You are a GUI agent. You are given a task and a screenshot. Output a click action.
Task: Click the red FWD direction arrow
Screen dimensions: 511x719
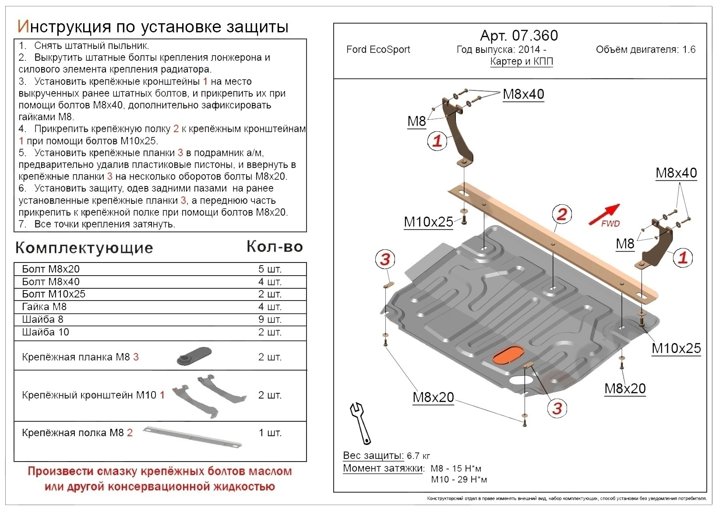[x=604, y=214]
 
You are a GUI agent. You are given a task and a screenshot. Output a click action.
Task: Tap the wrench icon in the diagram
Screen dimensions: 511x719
[x=360, y=422]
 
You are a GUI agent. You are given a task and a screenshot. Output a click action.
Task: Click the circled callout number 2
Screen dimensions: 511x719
[x=561, y=214]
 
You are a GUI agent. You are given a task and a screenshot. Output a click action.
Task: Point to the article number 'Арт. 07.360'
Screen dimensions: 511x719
[x=519, y=35]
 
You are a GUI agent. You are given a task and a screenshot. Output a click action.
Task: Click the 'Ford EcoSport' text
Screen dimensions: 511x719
[x=378, y=49]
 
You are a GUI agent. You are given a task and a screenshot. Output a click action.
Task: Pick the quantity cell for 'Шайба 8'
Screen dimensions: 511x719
[x=269, y=319]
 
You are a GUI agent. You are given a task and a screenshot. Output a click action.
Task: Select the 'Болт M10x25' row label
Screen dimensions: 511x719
[x=53, y=294]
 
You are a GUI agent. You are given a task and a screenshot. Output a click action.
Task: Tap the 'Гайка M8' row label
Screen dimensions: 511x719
[x=44, y=307]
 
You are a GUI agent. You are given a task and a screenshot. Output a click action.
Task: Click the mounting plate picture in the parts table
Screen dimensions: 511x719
[x=194, y=356]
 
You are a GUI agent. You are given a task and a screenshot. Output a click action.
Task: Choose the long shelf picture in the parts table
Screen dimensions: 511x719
[x=193, y=437]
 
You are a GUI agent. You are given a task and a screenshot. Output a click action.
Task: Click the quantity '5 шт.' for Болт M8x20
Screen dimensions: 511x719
[x=269, y=269]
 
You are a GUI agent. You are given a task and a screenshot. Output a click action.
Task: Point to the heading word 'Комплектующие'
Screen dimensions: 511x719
[x=84, y=248]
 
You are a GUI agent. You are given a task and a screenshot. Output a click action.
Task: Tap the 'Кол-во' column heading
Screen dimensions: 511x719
[x=275, y=247]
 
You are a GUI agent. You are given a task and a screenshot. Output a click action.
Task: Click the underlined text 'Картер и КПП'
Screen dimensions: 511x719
[x=522, y=61]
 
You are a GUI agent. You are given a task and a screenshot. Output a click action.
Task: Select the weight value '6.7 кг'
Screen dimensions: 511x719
[x=418, y=456]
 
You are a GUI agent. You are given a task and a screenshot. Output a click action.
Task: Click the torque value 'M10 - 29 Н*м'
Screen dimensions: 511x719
[x=458, y=479]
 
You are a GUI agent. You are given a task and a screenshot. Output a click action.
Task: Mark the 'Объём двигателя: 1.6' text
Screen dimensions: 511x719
[x=645, y=49]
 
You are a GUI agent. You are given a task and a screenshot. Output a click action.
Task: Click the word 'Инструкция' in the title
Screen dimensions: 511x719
[x=64, y=27]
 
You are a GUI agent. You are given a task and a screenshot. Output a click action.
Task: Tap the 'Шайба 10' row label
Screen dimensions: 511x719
[x=46, y=332]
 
